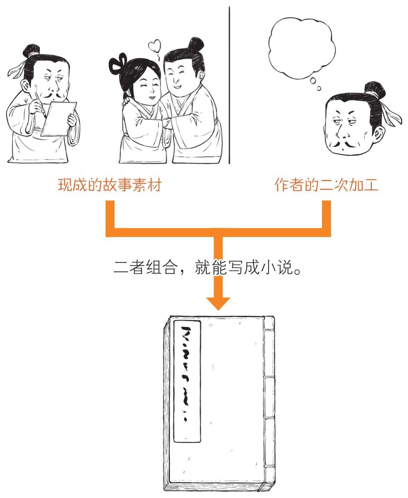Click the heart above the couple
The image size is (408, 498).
pyautogui.click(x=155, y=45)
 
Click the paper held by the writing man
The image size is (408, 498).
pyautogui.click(x=59, y=119)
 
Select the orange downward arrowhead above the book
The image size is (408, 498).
pyautogui.click(x=218, y=304)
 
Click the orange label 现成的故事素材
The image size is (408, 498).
pyautogui.click(x=110, y=185)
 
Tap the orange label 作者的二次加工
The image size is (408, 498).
pyautogui.click(x=326, y=185)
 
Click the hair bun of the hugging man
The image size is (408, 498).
pyautogui.click(x=195, y=44)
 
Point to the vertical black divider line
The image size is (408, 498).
pyautogui.click(x=229, y=85)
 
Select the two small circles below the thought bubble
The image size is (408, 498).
pyautogui.click(x=315, y=84)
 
